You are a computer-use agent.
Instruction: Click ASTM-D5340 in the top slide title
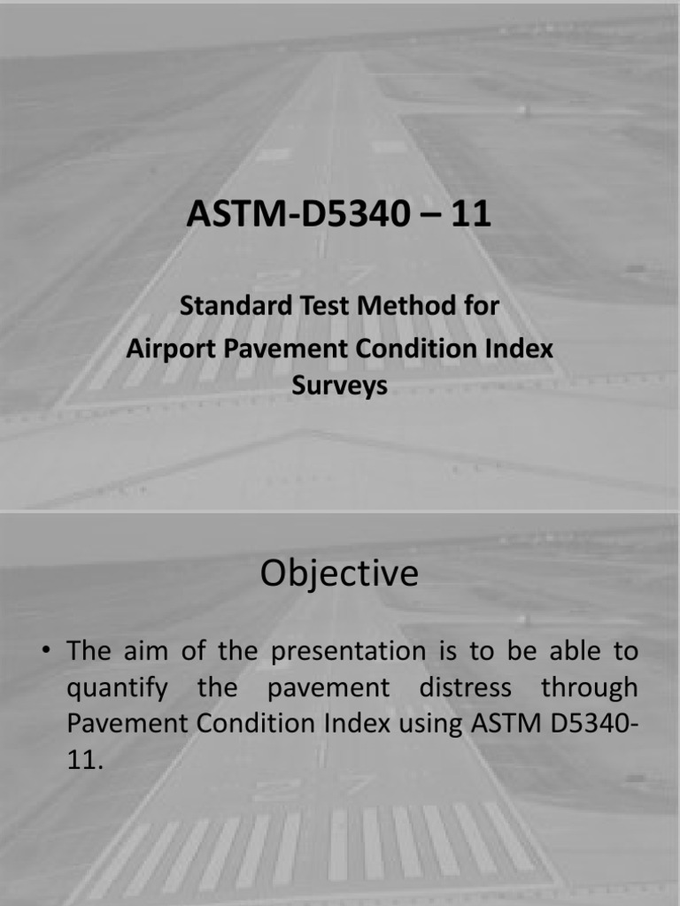pos(297,213)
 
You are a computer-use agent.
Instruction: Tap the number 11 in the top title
pos(471,213)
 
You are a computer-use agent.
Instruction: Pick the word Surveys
pos(339,386)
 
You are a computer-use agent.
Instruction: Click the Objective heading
pos(339,573)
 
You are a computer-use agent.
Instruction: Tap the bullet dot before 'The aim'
pos(46,651)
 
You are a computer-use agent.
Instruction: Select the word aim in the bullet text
pos(144,651)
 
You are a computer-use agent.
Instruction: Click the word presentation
pos(348,652)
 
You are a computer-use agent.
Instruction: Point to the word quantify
pos(118,688)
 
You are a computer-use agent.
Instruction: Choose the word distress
pos(465,687)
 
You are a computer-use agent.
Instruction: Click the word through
pos(589,688)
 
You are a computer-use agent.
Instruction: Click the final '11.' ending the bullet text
pos(85,760)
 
